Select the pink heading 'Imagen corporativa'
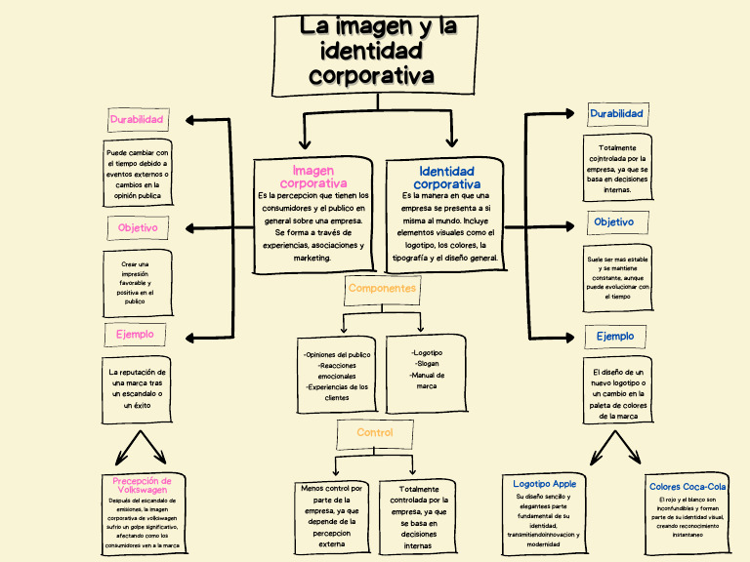click(x=313, y=177)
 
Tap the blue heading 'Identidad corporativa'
click(x=446, y=178)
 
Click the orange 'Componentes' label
click(x=382, y=288)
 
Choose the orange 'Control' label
click(x=374, y=432)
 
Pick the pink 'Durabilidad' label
click(x=137, y=120)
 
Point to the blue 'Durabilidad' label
click(x=616, y=114)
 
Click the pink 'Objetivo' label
click(x=138, y=227)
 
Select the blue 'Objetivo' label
click(x=613, y=221)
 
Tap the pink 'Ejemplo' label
click(x=135, y=334)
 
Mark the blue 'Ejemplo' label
click(x=615, y=336)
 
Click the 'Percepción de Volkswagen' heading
click(x=143, y=485)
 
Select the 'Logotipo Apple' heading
click(x=544, y=483)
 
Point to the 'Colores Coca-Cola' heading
click(x=687, y=486)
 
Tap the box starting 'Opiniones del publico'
click(x=336, y=376)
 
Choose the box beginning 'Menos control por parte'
click(x=331, y=516)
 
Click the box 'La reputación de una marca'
click(x=137, y=388)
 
